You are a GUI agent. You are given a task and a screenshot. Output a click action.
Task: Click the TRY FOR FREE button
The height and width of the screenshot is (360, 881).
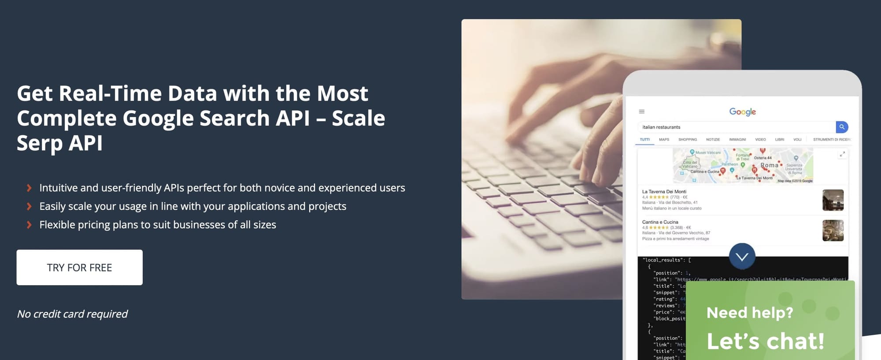click(x=79, y=267)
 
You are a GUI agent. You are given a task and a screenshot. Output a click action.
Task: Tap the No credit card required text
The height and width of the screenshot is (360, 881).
click(x=72, y=314)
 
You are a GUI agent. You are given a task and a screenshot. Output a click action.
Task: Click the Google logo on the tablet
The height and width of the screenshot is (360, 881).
click(x=742, y=112)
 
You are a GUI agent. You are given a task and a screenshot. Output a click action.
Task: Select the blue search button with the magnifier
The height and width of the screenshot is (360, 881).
click(x=842, y=127)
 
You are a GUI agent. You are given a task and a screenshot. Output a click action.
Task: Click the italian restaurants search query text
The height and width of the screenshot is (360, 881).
click(x=661, y=127)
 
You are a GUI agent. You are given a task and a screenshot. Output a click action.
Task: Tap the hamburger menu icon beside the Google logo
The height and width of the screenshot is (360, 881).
click(x=642, y=111)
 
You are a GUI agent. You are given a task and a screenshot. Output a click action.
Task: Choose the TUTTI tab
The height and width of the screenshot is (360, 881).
click(x=644, y=140)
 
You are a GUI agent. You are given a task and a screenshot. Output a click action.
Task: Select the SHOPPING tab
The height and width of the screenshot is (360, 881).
click(x=688, y=140)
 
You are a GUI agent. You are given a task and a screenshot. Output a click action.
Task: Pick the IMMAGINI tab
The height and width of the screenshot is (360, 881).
click(x=737, y=140)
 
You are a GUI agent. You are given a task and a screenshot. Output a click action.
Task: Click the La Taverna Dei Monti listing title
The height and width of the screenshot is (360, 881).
click(x=664, y=192)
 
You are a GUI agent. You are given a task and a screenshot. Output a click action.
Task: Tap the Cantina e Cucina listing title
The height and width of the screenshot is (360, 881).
click(x=660, y=222)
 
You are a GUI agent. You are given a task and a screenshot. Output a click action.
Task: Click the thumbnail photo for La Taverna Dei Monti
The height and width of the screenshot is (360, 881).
click(x=833, y=200)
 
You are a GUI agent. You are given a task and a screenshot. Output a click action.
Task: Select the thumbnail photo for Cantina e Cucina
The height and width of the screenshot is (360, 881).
click(x=833, y=230)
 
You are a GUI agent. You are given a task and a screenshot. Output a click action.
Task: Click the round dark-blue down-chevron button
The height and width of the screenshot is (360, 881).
click(x=742, y=256)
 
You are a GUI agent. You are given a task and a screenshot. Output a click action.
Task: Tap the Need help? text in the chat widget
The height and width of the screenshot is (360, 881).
click(x=749, y=313)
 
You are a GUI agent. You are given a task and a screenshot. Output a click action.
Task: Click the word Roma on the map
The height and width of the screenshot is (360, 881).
click(x=769, y=165)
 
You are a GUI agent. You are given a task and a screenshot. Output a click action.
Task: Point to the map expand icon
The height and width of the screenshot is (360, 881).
click(x=842, y=154)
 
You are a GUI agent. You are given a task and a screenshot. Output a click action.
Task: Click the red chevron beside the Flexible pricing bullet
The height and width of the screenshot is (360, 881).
click(x=29, y=225)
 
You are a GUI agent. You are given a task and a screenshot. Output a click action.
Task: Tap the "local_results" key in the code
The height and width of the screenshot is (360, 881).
click(x=663, y=260)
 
